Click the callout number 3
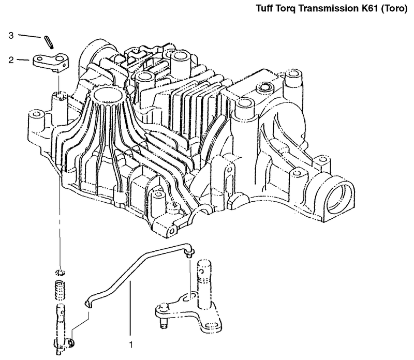[x=11, y=35]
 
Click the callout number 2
[x=11, y=60]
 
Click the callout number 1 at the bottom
[x=131, y=344]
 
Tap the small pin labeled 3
[x=49, y=42]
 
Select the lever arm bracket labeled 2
[x=51, y=63]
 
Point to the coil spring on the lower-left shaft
[x=60, y=290]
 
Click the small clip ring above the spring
[x=61, y=273]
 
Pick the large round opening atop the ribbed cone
[x=109, y=95]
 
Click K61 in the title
[x=365, y=8]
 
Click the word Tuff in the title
[x=265, y=8]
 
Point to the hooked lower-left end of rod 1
[x=88, y=304]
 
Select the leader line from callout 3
[x=29, y=36]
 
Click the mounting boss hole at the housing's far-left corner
[x=36, y=114]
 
